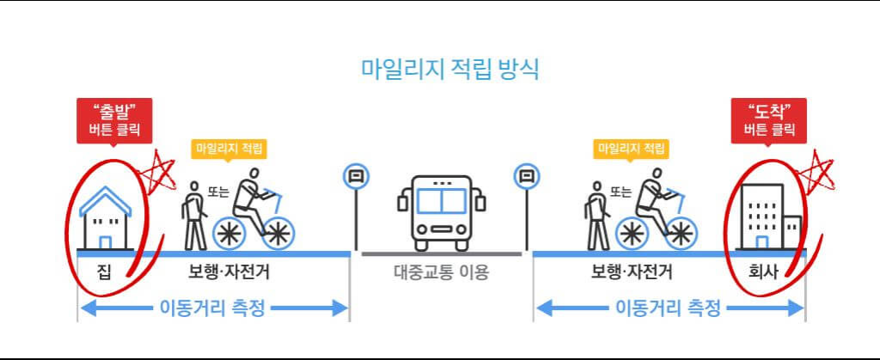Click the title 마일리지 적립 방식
pyautogui.click(x=449, y=69)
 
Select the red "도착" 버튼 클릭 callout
pyautogui.click(x=768, y=120)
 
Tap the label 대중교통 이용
pyautogui.click(x=441, y=274)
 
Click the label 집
pyautogui.click(x=103, y=274)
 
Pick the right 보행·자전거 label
pyautogui.click(x=631, y=274)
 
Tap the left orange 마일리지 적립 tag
pyautogui.click(x=229, y=148)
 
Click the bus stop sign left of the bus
pyautogui.click(x=356, y=178)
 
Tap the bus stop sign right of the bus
pyautogui.click(x=526, y=178)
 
